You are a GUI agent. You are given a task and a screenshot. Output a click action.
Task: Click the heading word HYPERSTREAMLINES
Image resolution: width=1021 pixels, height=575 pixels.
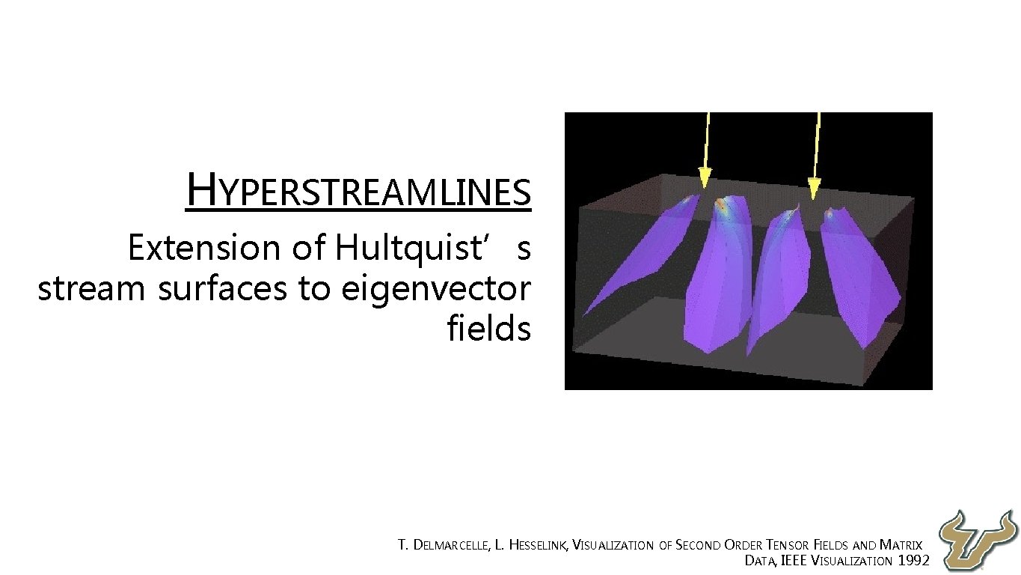pyautogui.click(x=359, y=190)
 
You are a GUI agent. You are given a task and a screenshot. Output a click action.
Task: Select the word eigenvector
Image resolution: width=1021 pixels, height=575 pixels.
pyautogui.click(x=435, y=289)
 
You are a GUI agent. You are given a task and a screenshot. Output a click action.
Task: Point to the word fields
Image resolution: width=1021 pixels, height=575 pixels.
pyautogui.click(x=488, y=328)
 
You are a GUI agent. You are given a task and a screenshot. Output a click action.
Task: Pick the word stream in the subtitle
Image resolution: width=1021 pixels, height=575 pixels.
pyautogui.click(x=90, y=289)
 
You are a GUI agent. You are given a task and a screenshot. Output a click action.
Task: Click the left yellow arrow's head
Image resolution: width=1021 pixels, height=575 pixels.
pyautogui.click(x=704, y=178)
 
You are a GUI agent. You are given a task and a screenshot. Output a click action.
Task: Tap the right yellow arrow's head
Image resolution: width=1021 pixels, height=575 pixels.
pyautogui.click(x=815, y=188)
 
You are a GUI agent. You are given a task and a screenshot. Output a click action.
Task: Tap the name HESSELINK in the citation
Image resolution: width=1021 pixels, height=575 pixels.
pyautogui.click(x=538, y=546)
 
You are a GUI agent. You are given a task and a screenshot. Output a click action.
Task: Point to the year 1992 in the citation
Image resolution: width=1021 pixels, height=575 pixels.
pyautogui.click(x=913, y=561)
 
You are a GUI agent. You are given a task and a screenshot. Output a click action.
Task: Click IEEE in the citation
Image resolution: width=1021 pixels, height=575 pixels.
pyautogui.click(x=794, y=561)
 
